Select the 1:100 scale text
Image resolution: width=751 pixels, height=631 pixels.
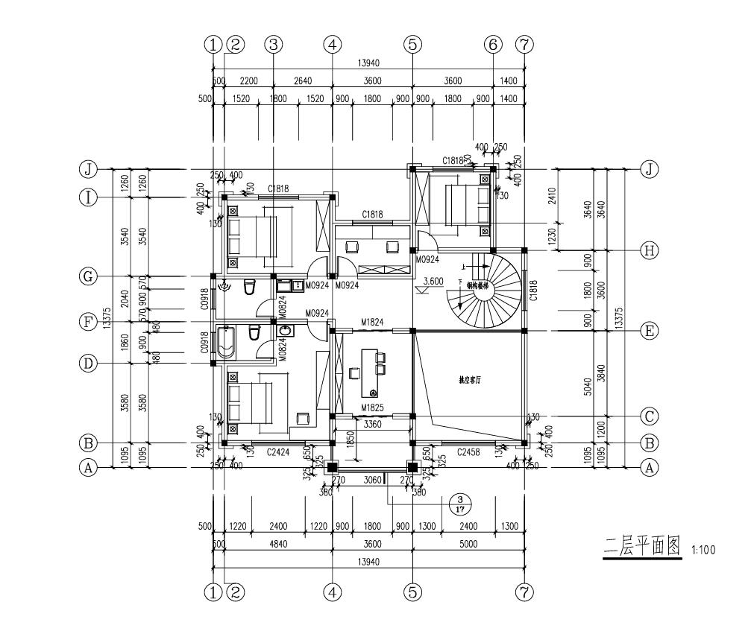point(703,551)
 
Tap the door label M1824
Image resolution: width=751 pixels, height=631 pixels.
point(372,322)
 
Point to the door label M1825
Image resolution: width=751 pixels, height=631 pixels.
point(372,408)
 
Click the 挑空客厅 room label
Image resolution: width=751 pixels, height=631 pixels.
point(470,379)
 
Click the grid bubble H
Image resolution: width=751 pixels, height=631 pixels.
point(650,250)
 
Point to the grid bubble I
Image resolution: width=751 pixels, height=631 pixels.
point(89,197)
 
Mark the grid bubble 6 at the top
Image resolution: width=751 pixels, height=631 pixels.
point(492,45)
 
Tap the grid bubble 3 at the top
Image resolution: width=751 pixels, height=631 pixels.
point(274,45)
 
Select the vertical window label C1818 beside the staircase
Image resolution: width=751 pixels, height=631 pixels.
point(533,290)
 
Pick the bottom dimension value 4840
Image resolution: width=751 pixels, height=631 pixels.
point(277,544)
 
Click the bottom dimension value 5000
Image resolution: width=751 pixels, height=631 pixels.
point(468,544)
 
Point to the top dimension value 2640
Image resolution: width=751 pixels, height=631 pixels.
point(302,81)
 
